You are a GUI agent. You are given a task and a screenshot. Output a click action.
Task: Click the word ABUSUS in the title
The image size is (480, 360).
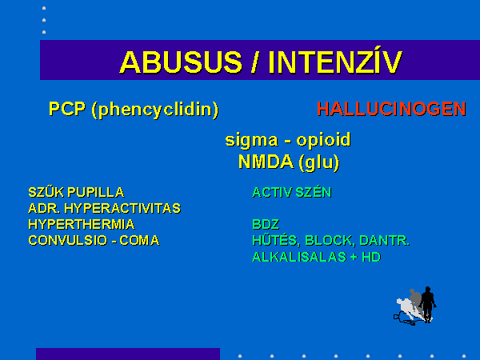(181, 62)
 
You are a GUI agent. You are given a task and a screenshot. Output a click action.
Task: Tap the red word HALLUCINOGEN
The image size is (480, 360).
(391, 109)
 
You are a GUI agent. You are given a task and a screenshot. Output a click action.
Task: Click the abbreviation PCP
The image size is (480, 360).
(67, 109)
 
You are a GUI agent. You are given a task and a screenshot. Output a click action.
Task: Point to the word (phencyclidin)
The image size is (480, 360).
(155, 110)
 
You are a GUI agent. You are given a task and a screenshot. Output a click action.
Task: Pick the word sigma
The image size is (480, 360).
(251, 141)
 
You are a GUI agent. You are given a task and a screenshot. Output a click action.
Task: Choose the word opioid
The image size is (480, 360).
(323, 140)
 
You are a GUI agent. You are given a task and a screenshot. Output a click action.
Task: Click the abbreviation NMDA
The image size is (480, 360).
(266, 162)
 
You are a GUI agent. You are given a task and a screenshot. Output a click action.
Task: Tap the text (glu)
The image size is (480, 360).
(319, 162)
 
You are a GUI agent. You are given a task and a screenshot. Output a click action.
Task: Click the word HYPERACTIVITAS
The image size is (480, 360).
(122, 209)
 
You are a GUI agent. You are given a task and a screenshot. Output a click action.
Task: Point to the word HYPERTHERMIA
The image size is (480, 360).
(82, 224)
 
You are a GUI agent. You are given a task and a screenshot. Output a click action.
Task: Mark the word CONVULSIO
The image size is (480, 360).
(68, 240)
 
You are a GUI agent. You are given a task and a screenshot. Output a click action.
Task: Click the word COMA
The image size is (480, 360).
(139, 240)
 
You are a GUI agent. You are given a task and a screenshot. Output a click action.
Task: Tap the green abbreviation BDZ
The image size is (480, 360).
(266, 224)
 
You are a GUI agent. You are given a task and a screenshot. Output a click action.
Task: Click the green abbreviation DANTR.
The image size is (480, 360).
(384, 240)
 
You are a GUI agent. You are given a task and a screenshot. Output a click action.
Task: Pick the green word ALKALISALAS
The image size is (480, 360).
(299, 257)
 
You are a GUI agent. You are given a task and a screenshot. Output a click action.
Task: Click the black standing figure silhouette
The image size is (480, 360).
(428, 304)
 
